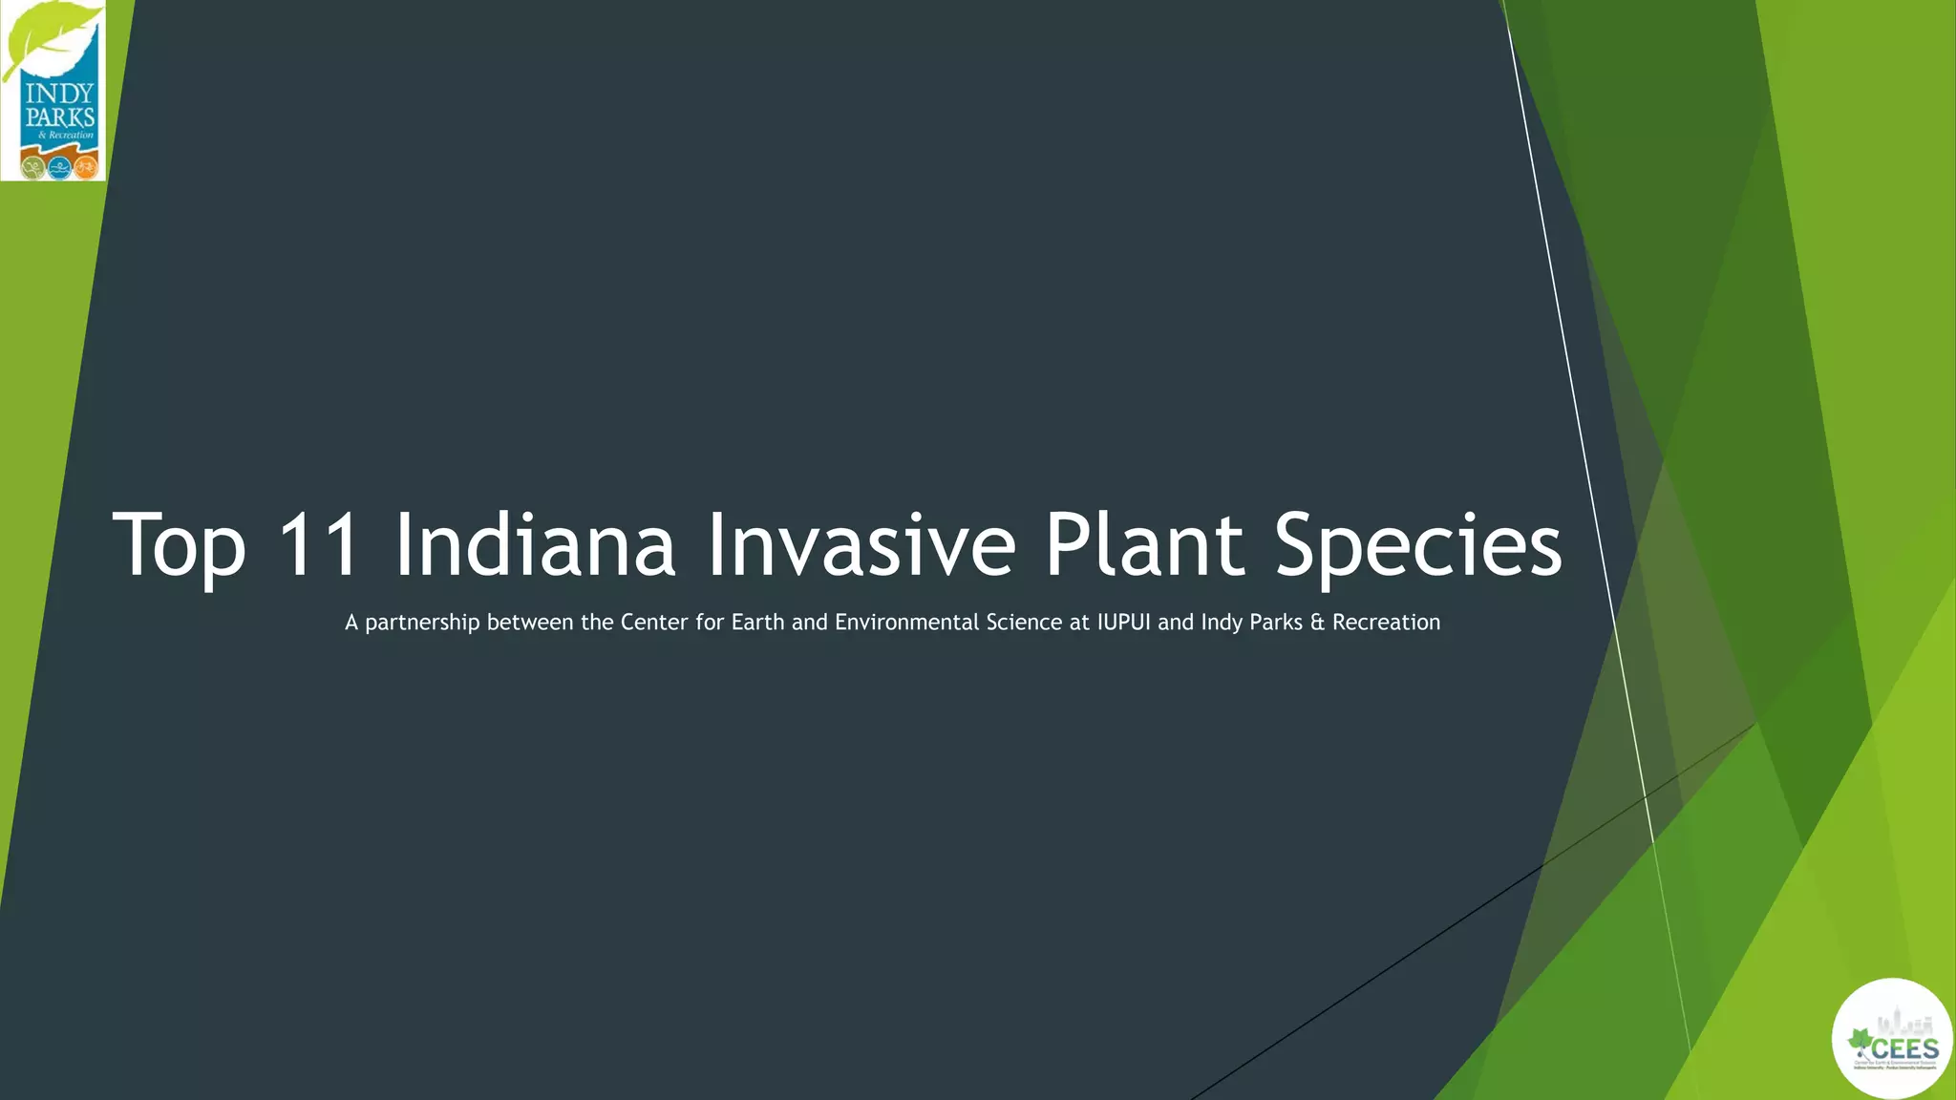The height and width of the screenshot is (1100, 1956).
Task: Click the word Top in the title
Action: coord(180,546)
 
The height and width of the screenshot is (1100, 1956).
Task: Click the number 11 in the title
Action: coord(319,544)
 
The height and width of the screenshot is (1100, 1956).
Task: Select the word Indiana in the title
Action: coord(535,544)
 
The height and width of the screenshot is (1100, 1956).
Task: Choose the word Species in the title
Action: coord(1418,546)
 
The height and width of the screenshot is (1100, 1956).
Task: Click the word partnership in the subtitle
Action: coord(422,624)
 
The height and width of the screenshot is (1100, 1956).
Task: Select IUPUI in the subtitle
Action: coord(1123,623)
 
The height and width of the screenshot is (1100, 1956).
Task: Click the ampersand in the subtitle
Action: coord(1318,623)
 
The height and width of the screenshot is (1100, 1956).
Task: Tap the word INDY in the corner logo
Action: coord(59,95)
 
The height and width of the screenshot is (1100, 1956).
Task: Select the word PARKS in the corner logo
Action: coord(59,118)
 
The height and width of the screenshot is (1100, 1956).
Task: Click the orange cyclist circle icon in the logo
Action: coord(86,168)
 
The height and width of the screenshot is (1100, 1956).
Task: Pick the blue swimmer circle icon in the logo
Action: coord(59,168)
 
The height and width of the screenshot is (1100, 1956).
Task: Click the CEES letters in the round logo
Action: coord(1904,1047)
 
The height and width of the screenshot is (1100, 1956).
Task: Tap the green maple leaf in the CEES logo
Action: coord(1860,1042)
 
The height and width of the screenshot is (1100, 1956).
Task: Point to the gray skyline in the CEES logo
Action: coord(1895,1020)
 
